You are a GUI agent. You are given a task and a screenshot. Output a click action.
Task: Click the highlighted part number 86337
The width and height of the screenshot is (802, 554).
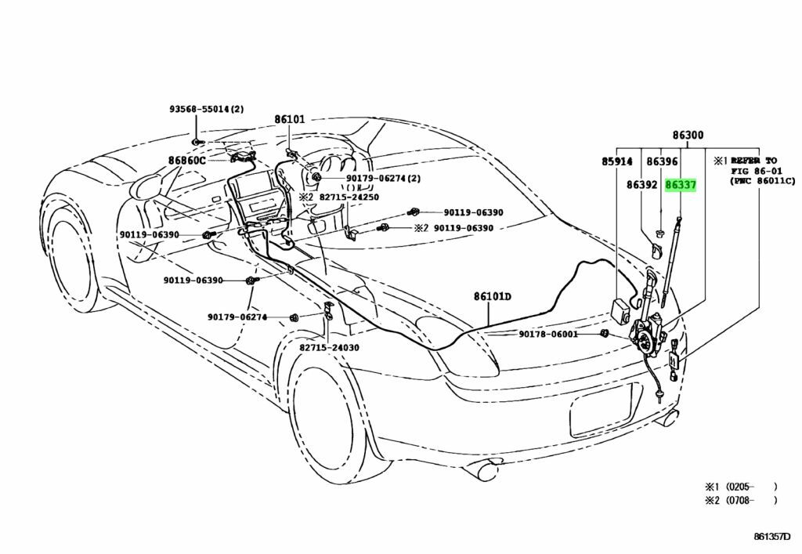pos(681,186)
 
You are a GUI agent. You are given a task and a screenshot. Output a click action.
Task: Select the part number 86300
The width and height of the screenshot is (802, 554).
pos(687,136)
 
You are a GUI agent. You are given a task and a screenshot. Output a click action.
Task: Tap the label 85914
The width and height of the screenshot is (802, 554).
pos(616,162)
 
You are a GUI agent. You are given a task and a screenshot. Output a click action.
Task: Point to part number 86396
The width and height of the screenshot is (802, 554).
pos(662,162)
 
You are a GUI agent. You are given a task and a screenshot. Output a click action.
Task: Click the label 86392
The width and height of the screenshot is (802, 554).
pos(641,186)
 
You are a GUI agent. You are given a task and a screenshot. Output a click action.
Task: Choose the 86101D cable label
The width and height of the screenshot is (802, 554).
pos(492,296)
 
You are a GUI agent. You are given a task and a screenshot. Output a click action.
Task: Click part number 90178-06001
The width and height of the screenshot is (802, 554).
pos(548,334)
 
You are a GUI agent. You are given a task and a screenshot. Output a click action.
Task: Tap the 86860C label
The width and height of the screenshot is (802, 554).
pos(186,161)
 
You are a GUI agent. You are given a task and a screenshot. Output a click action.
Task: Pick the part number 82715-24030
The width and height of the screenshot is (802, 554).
pos(329,347)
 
